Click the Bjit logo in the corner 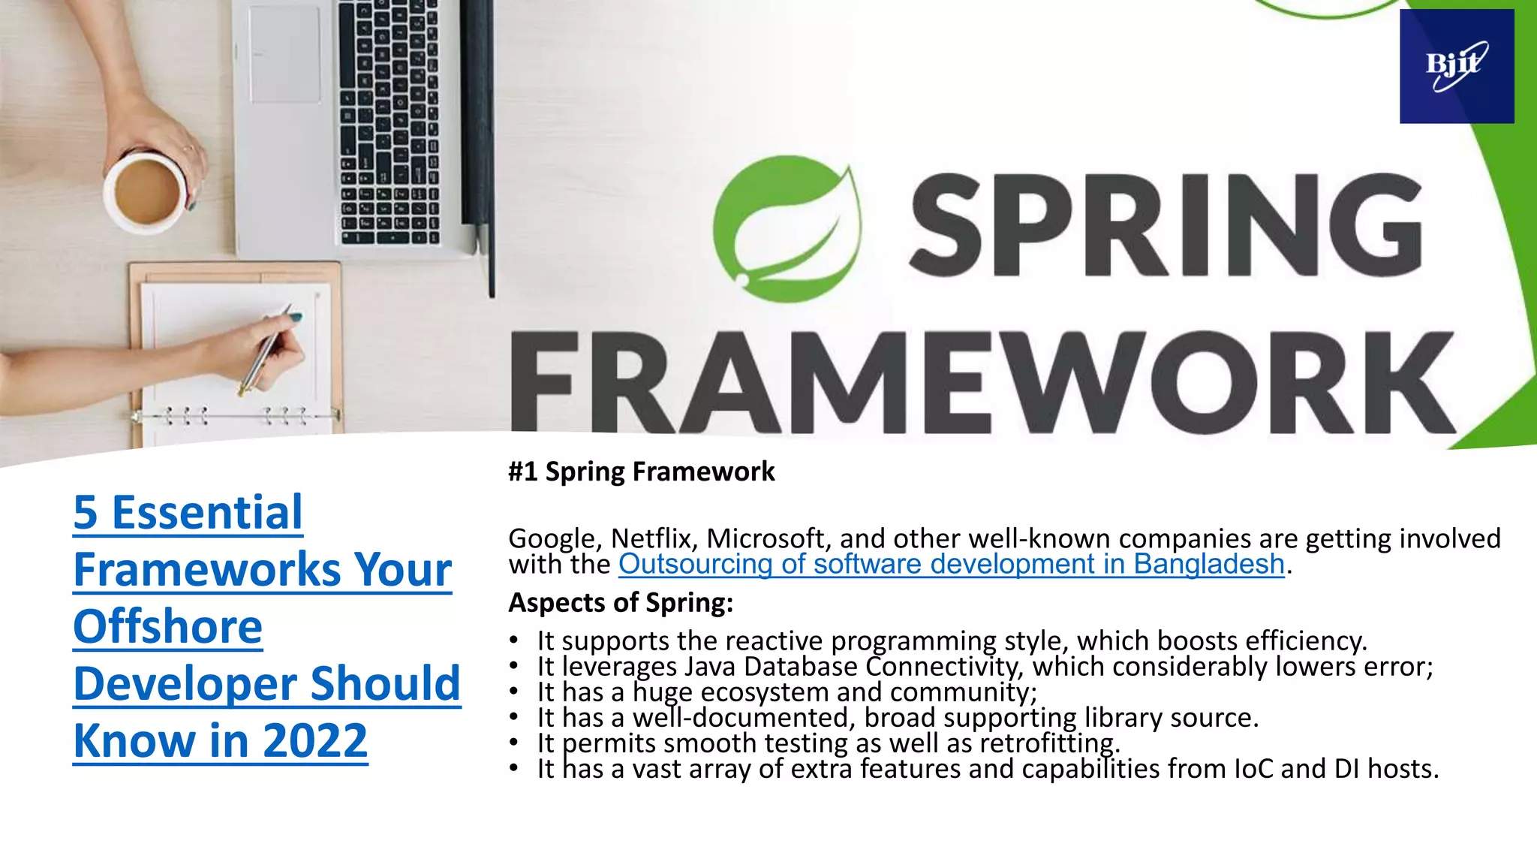click(1456, 66)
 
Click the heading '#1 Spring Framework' click(641, 472)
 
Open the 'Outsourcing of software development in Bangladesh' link click(951, 564)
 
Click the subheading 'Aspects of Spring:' click(621, 602)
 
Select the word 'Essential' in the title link click(206, 513)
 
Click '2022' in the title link click(315, 741)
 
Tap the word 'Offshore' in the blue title click(168, 627)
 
